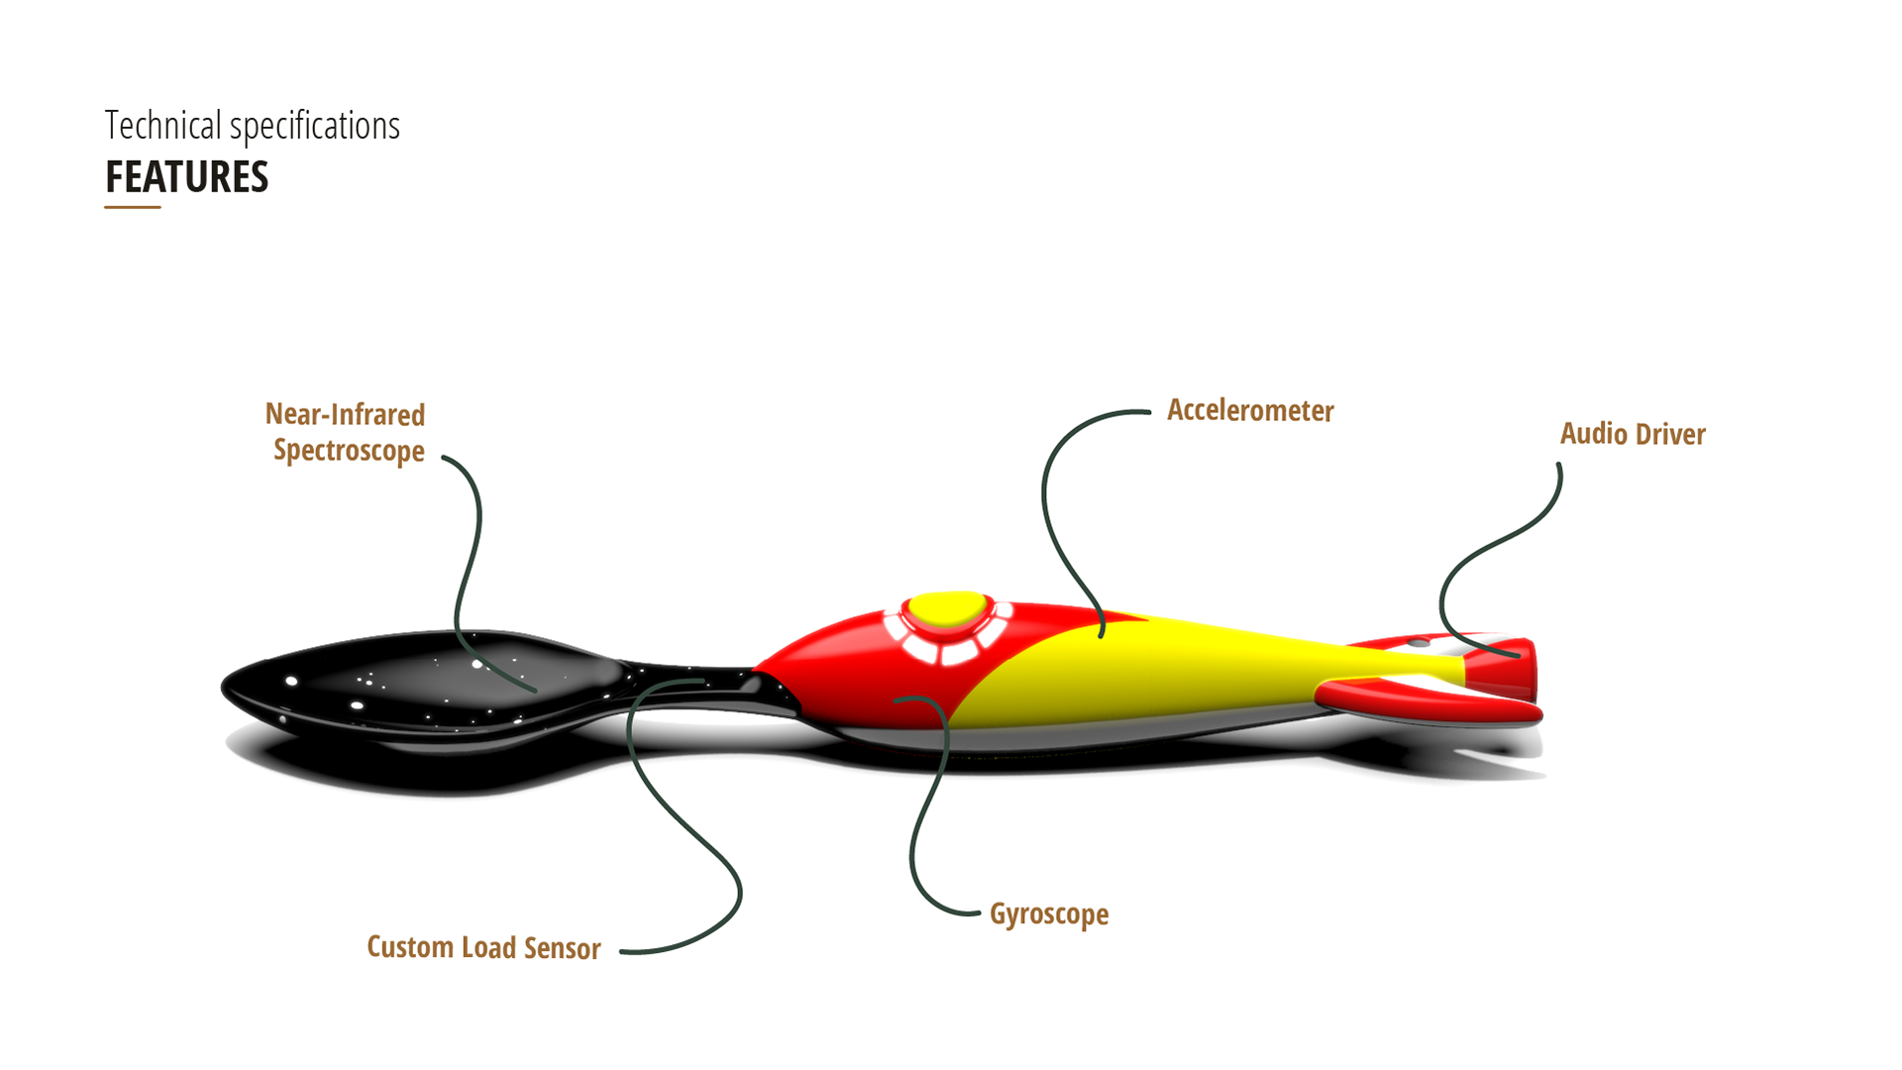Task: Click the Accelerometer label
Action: pos(1250,410)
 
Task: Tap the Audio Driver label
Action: pos(1633,434)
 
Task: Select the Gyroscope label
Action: pos(1049,914)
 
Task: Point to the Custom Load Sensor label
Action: pos(483,948)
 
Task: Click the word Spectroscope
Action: pos(349,451)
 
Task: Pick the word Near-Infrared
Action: pos(345,414)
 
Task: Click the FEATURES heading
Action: pos(187,177)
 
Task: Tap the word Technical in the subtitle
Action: pos(163,126)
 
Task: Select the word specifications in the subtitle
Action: pos(315,126)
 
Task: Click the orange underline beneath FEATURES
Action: pos(133,207)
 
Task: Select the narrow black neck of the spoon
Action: pos(693,684)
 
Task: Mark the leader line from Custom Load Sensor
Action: pos(693,832)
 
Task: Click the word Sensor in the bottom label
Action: pos(562,948)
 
